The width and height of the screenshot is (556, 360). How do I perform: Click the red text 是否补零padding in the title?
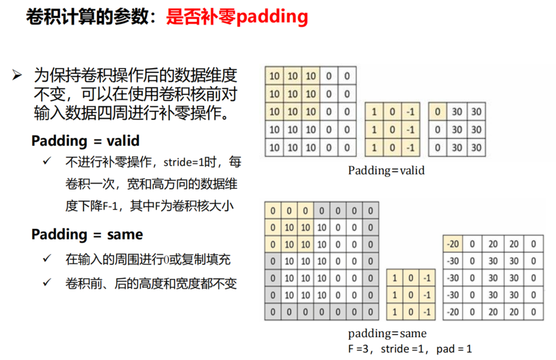click(x=237, y=17)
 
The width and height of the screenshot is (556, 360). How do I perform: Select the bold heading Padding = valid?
click(x=85, y=140)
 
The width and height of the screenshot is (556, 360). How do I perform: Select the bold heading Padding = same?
click(x=87, y=234)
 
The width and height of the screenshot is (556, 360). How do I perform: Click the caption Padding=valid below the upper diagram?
click(x=386, y=170)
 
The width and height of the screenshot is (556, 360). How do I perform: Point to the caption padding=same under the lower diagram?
click(x=387, y=333)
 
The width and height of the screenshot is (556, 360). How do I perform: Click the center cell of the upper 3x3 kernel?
click(x=392, y=130)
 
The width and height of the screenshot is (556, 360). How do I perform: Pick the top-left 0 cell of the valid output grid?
click(x=437, y=112)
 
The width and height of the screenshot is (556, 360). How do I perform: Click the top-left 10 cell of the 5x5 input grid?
click(x=274, y=76)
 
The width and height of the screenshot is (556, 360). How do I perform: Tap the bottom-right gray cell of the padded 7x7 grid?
click(x=371, y=312)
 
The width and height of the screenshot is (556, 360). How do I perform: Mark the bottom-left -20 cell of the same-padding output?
click(x=453, y=312)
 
